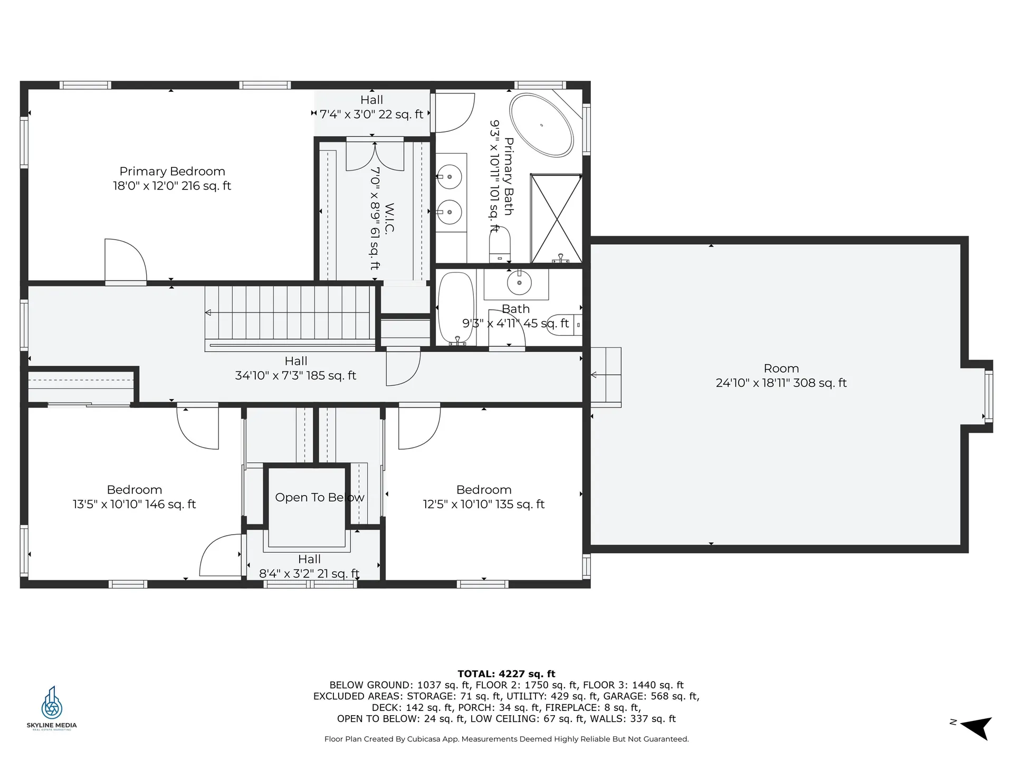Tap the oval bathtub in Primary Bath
tap(541, 125)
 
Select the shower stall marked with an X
tap(556, 218)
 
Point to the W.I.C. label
tap(389, 217)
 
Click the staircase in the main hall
tap(289, 313)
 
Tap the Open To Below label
tap(319, 498)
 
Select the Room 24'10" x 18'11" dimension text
tap(781, 383)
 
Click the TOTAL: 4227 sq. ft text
tap(506, 673)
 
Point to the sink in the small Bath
tap(519, 283)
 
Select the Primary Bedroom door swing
tap(126, 260)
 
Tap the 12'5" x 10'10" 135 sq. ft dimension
tap(483, 505)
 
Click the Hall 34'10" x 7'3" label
tap(295, 368)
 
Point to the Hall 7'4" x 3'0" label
tap(371, 107)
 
